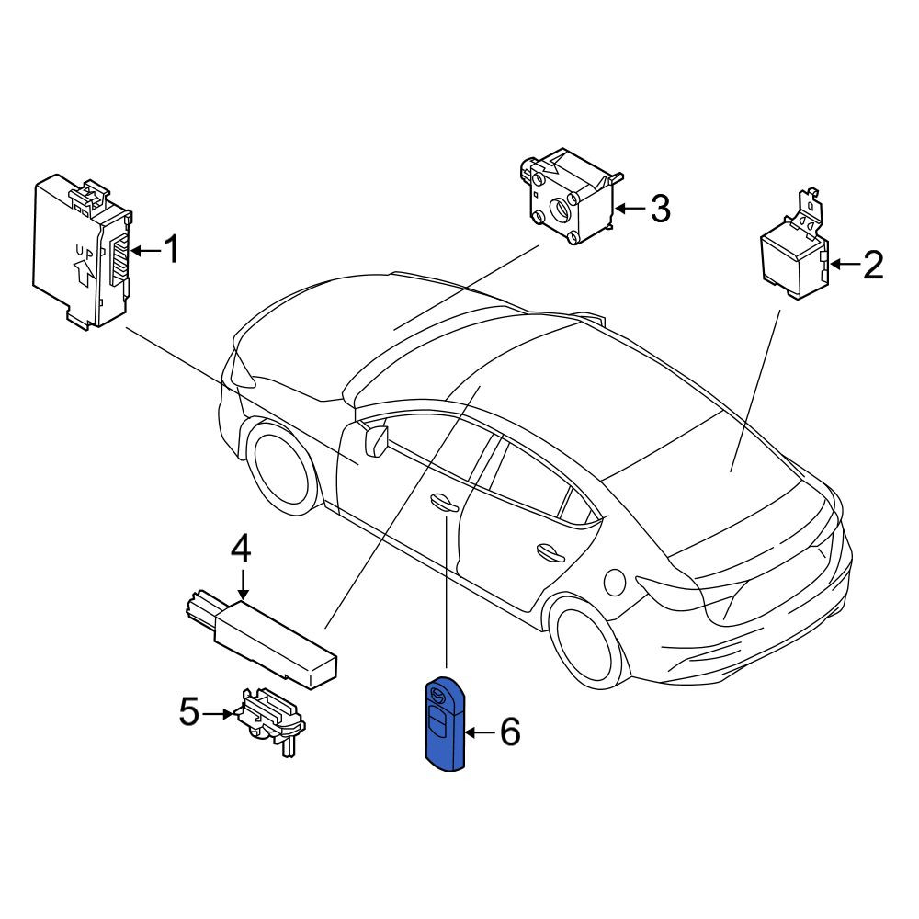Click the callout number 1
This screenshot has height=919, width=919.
tap(171, 250)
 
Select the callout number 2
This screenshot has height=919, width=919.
tap(873, 265)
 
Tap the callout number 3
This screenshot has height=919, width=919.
tap(661, 208)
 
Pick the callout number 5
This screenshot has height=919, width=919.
tap(189, 712)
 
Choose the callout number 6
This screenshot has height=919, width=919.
tap(509, 732)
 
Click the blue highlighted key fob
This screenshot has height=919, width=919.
tap(444, 723)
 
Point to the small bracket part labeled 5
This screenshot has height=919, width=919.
tap(270, 721)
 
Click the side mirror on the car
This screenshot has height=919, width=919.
tap(375, 441)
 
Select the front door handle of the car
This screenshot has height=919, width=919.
tap(444, 501)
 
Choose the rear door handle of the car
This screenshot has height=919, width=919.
tap(550, 550)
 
